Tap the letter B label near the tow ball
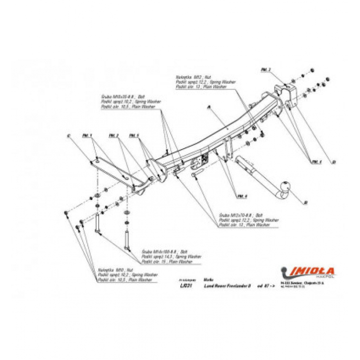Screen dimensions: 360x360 305,203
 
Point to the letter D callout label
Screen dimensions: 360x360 334,162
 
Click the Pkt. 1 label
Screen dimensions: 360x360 87,136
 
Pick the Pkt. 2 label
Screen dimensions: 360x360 114,136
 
